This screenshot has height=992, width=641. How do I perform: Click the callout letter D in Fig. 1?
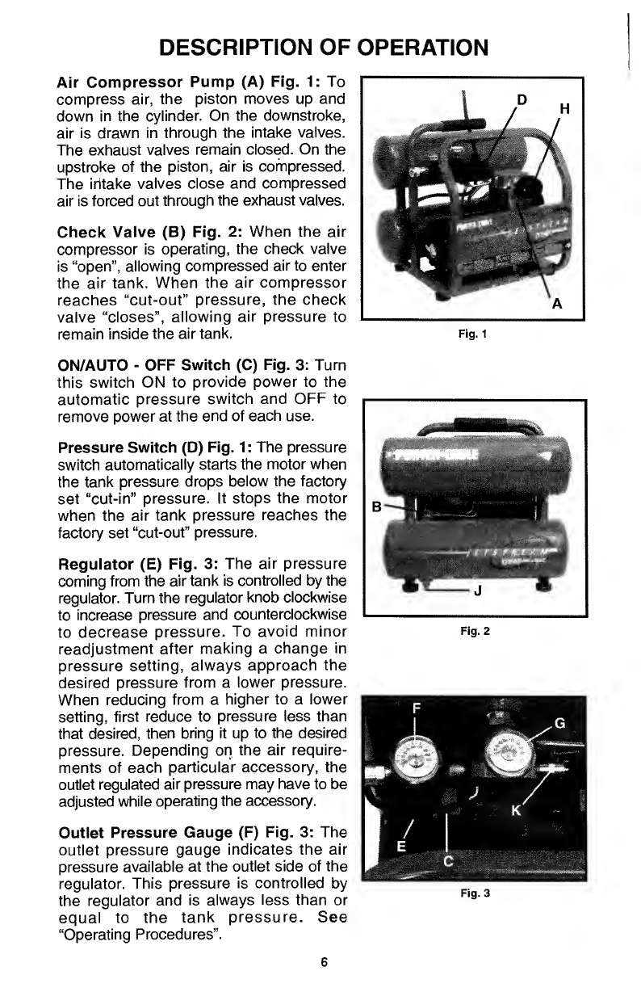[522, 99]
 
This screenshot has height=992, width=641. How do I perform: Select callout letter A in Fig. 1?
[556, 305]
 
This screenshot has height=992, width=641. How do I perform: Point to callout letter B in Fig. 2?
[376, 507]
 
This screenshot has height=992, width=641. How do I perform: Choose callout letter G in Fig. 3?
[559, 721]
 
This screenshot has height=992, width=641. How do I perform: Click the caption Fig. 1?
[474, 332]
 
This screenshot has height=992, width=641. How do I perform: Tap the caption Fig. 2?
[474, 631]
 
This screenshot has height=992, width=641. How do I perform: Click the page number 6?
[323, 961]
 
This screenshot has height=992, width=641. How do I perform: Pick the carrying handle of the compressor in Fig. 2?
[475, 426]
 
